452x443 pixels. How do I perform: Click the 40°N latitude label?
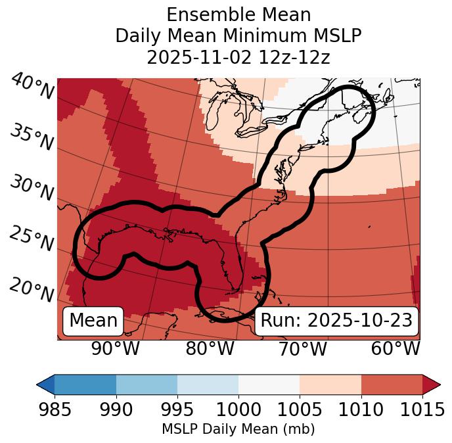click(32, 87)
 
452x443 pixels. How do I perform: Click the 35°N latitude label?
click(32, 137)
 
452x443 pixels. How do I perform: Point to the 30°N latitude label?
click(32, 189)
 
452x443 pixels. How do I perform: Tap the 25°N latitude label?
click(32, 239)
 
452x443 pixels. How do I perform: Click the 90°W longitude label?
click(116, 349)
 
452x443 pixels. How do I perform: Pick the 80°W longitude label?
click(210, 349)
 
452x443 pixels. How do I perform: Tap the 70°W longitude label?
click(302, 349)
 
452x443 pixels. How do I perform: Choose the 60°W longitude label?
click(395, 349)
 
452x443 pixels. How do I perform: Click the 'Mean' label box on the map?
click(93, 321)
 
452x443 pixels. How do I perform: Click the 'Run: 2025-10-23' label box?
click(336, 321)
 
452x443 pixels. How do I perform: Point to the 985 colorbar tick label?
click(55, 410)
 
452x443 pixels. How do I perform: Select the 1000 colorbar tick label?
click(238, 410)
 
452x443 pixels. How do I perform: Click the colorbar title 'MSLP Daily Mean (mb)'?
click(238, 429)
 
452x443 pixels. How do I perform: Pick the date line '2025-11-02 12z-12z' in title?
click(238, 57)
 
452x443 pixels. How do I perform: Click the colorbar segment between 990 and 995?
click(147, 384)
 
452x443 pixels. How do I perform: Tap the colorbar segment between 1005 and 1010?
click(330, 384)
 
